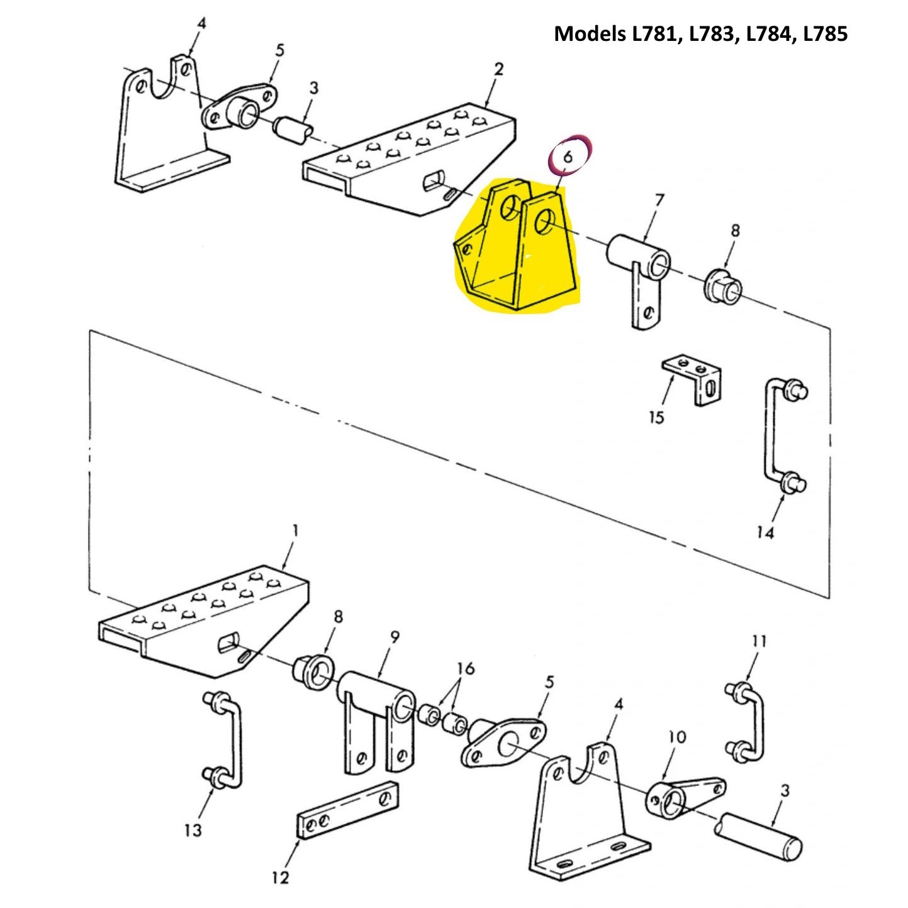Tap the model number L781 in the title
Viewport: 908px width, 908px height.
656,33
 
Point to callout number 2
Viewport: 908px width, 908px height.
498,69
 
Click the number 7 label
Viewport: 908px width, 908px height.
659,201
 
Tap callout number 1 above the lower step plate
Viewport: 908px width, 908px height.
294,532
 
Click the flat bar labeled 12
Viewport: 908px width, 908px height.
347,809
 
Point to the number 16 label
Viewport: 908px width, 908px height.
465,668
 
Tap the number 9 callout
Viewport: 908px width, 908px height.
394,637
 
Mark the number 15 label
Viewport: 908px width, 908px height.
656,417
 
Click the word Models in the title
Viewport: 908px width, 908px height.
590,33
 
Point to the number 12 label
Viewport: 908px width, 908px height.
281,877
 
